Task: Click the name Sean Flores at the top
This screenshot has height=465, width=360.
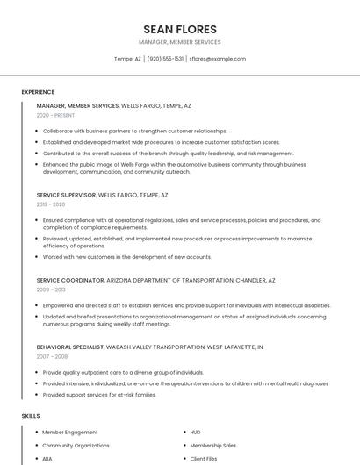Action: point(179,28)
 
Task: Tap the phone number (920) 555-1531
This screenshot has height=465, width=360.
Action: point(165,59)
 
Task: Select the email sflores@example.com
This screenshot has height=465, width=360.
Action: point(218,59)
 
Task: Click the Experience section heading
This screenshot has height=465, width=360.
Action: point(38,92)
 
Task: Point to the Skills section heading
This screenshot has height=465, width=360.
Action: point(31,414)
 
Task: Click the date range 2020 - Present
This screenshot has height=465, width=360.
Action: point(54,115)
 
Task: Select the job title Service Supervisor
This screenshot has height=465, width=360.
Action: point(66,195)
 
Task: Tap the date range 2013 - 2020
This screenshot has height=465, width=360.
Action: point(50,204)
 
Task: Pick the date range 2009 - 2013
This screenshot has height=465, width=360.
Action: point(51,289)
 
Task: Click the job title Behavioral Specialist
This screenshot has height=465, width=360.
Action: point(68,347)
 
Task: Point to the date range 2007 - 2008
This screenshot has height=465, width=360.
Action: point(51,356)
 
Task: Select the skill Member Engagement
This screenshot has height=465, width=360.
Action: point(70,433)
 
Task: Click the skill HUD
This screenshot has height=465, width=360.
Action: point(196,433)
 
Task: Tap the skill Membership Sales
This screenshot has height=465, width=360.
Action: point(213,446)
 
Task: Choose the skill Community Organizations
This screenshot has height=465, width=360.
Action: point(76,446)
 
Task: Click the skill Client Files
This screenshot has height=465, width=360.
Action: point(204,459)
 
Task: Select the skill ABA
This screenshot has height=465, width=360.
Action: point(47,459)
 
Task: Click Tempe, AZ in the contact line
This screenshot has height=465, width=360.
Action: point(127,59)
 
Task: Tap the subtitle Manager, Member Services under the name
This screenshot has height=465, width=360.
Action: point(179,42)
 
